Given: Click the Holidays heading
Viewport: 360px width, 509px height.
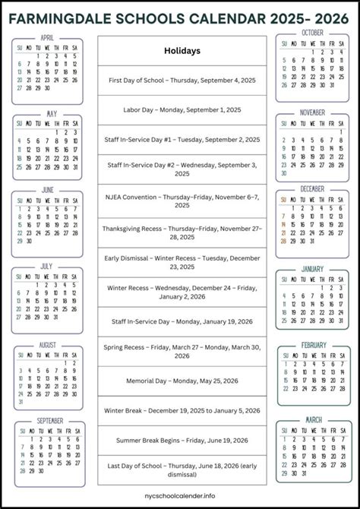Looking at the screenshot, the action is click(182, 51).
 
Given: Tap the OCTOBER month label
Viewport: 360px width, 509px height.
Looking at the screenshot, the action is click(311, 33).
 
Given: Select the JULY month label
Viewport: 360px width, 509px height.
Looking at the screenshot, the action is click(46, 267).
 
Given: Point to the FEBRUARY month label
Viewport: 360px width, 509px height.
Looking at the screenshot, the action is click(313, 345).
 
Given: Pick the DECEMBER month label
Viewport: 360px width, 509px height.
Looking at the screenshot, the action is click(311, 188).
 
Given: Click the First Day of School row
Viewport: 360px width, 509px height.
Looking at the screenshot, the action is click(182, 81).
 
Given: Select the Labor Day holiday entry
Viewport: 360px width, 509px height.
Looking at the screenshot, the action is click(182, 109).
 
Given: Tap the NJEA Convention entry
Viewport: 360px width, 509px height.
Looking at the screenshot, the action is click(182, 200).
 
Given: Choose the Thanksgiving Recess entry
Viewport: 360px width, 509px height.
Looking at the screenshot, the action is click(182, 232).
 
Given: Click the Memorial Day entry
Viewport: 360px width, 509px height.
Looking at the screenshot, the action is click(182, 380).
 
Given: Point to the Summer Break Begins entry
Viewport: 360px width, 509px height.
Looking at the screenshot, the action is click(182, 440).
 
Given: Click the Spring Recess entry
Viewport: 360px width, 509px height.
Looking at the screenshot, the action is click(182, 350).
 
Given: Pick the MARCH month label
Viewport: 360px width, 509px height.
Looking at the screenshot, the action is click(313, 419).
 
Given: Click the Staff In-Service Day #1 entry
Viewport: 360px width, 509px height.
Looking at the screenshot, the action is click(182, 140).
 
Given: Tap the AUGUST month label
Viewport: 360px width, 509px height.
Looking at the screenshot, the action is click(49, 345).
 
